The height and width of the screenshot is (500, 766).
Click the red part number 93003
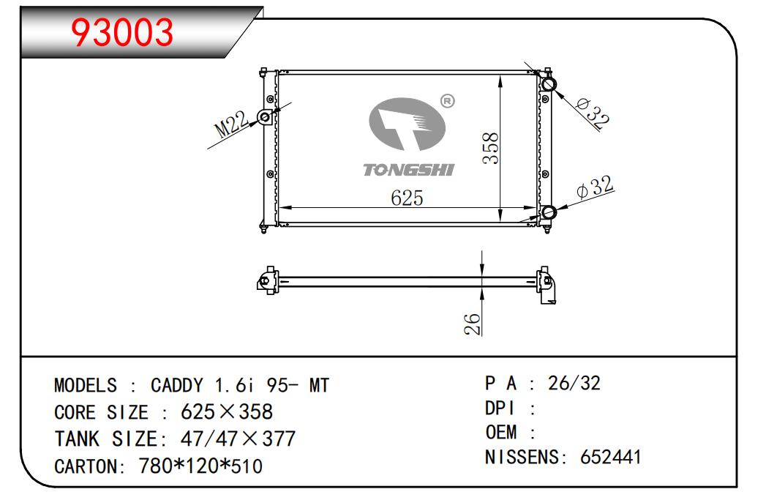click(x=122, y=33)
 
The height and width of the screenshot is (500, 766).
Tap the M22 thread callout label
click(x=232, y=124)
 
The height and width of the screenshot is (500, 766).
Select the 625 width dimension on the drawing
click(x=407, y=198)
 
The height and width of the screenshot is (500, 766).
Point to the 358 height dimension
click(x=490, y=148)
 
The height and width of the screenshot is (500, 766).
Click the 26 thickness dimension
click(x=473, y=324)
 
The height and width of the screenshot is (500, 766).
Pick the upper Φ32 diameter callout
click(x=593, y=113)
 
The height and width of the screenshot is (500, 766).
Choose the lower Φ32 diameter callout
click(x=595, y=187)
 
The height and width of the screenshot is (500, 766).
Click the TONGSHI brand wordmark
click(x=409, y=170)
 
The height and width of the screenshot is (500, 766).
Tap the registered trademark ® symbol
click(x=448, y=101)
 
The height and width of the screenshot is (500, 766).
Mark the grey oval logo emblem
click(x=407, y=124)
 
